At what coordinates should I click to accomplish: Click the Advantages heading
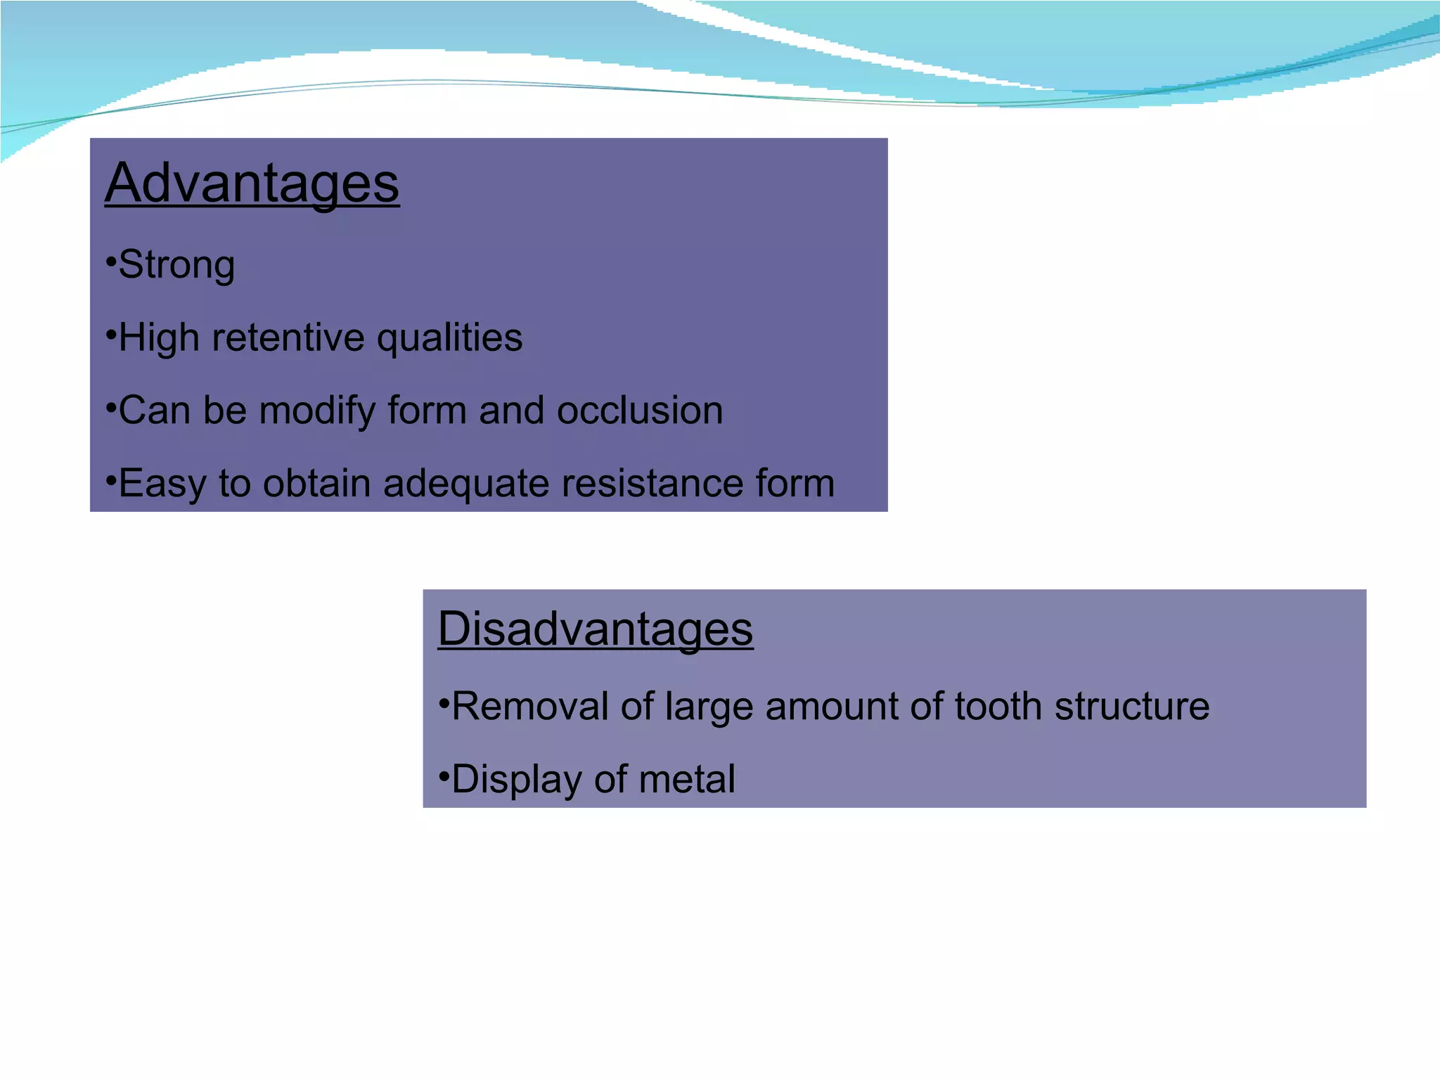[252, 183]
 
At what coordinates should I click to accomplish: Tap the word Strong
[176, 265]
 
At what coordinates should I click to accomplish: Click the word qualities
[449, 339]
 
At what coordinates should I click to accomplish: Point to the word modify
[317, 411]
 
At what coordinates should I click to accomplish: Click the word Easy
[163, 485]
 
